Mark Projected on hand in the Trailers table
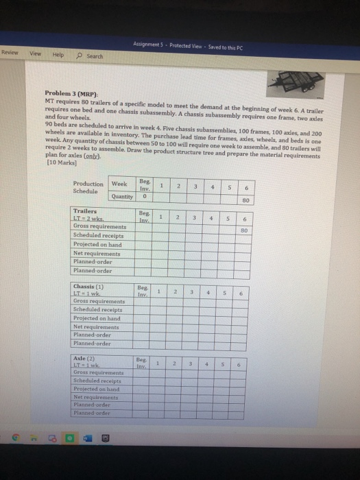(95, 243)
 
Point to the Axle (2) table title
(84, 359)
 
